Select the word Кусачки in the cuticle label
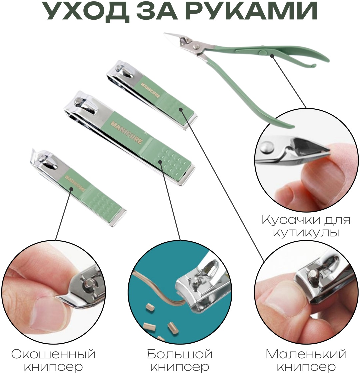click(290, 220)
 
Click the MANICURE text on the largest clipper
click(126, 132)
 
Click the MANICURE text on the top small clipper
click(150, 90)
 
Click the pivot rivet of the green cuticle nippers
click(196, 46)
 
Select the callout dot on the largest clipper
click(160, 162)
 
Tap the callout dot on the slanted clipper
click(71, 189)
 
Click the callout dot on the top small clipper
click(181, 109)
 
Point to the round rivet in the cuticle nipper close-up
click(267, 147)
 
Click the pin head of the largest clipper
click(78, 101)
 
